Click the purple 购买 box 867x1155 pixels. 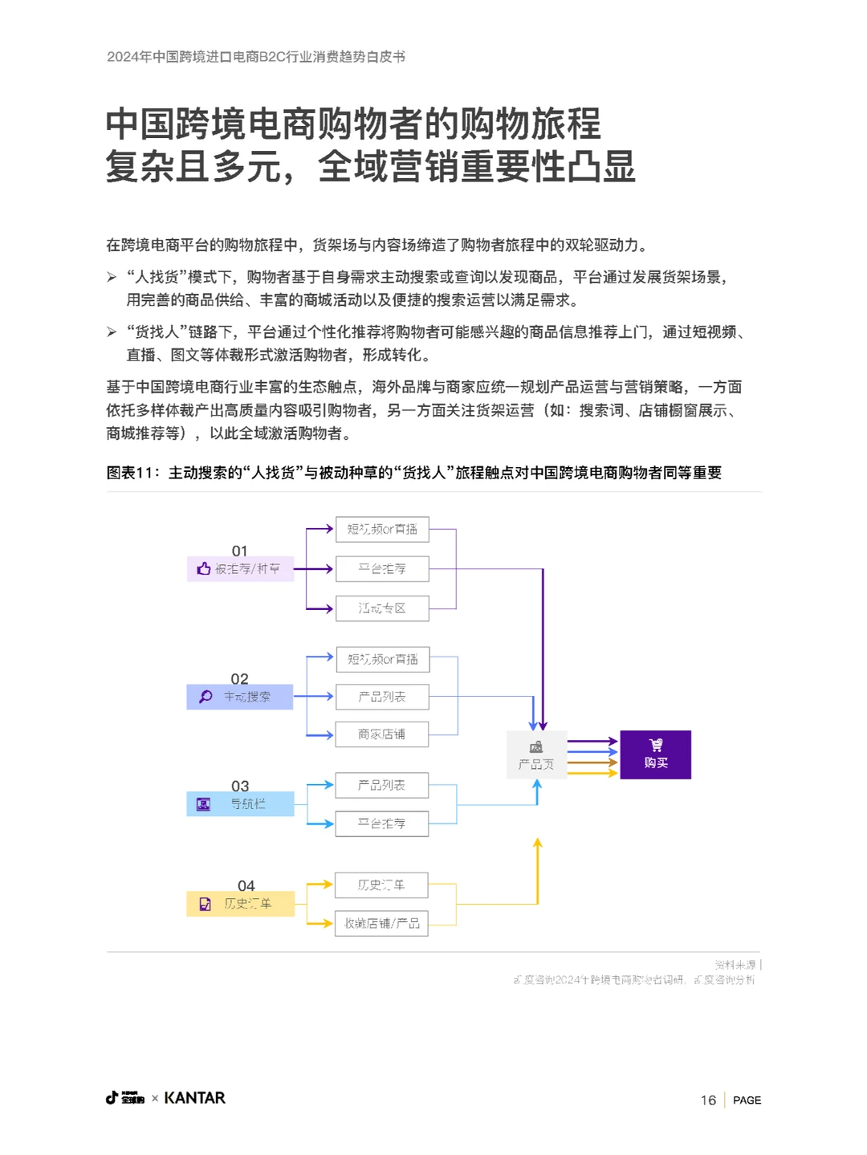[655, 754]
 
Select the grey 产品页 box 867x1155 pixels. [536, 755]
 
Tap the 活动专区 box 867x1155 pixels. [382, 608]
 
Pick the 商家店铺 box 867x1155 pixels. [382, 734]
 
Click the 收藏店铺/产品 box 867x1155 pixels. [382, 923]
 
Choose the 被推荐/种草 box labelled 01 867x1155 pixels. [240, 568]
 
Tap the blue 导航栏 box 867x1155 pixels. [240, 803]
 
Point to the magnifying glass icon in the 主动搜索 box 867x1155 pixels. [206, 697]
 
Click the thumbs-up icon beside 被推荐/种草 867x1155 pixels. [204, 568]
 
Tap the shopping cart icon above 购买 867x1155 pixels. [656, 745]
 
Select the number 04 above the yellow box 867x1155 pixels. [246, 885]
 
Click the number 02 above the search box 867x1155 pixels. [239, 678]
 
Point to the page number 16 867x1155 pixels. [708, 1100]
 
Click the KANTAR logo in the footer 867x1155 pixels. [195, 1097]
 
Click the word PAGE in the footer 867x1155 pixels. [747, 1100]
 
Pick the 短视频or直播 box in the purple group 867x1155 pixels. [382, 529]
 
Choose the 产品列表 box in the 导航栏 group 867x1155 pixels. [382, 785]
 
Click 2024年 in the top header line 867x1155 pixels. [128, 57]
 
